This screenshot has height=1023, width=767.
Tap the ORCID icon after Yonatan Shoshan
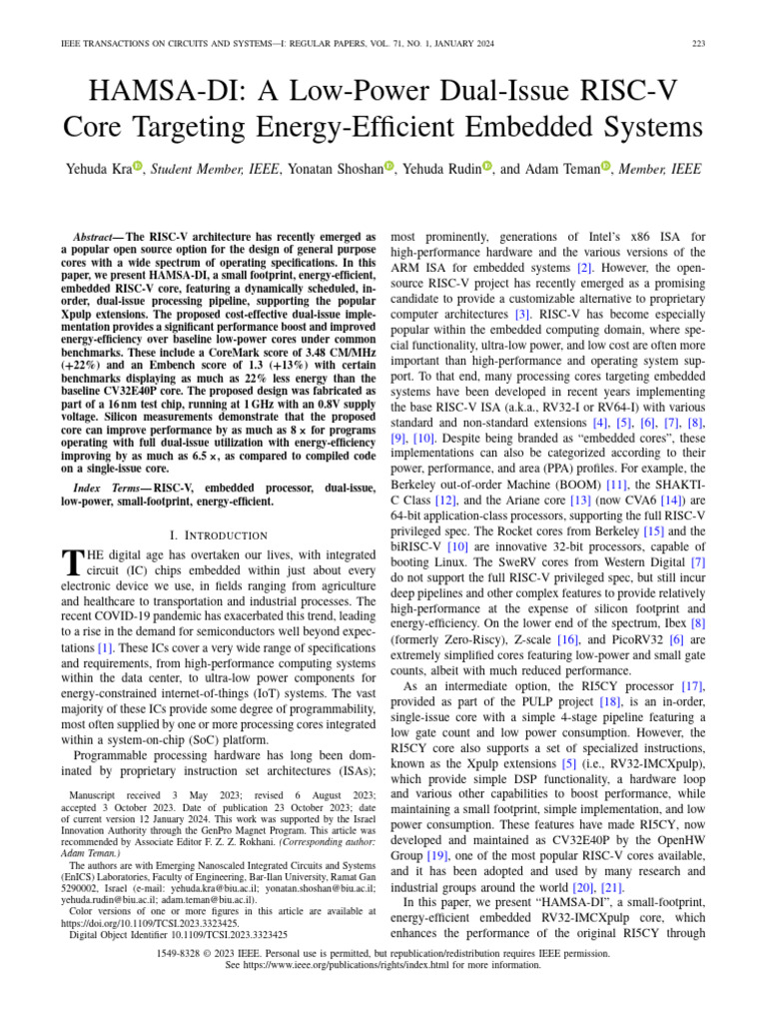pyautogui.click(x=389, y=168)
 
